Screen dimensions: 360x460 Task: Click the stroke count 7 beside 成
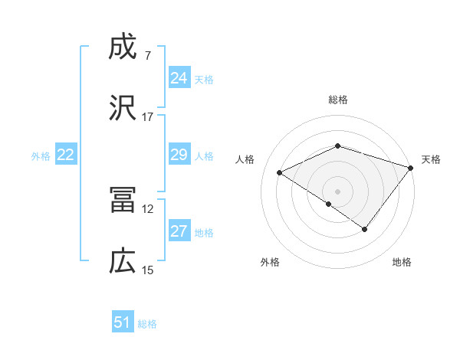point(147,56)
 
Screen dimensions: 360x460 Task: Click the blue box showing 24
point(179,78)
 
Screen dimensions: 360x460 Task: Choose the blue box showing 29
point(179,155)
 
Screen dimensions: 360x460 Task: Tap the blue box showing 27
point(179,231)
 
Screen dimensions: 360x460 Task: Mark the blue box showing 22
point(66,155)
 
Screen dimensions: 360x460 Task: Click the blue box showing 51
point(123,322)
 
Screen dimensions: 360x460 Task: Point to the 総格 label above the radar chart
point(338,100)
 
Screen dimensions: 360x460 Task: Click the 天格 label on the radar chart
point(431,159)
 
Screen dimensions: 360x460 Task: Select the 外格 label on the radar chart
point(270,262)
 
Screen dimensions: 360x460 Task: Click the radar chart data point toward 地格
point(365,229)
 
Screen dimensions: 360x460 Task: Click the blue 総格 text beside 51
point(147,324)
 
